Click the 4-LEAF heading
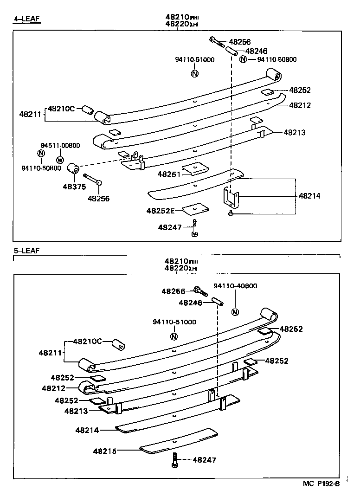[27, 19]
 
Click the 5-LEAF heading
[26, 251]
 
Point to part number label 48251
[167, 174]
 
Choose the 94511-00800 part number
[60, 146]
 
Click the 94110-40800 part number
[235, 286]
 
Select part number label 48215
[105, 451]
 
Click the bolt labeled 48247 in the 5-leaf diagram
[175, 459]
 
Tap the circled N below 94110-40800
[235, 312]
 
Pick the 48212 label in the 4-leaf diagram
[300, 105]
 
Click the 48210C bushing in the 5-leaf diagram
[118, 346]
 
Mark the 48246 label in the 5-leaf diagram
[190, 303]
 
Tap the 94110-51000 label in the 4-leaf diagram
[195, 60]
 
